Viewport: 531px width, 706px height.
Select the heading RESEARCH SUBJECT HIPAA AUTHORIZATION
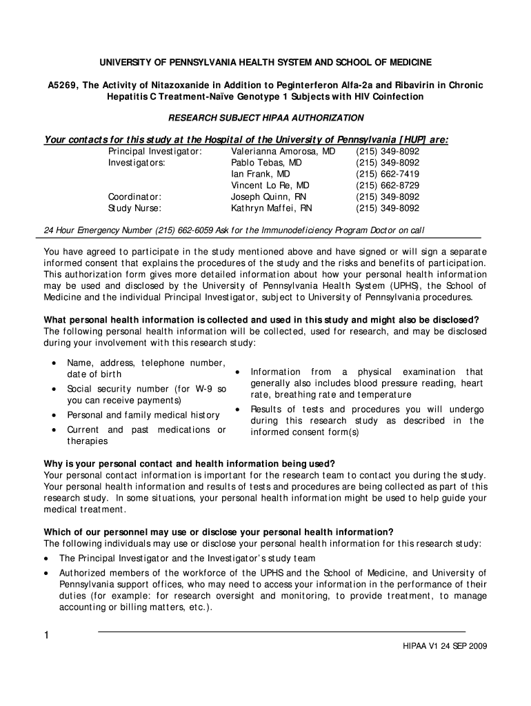click(x=266, y=118)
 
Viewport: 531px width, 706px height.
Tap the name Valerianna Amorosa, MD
click(x=283, y=151)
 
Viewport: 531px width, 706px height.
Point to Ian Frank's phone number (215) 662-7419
click(x=387, y=174)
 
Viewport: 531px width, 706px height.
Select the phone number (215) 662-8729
click(x=387, y=185)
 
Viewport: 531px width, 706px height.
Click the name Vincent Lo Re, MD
click(x=270, y=185)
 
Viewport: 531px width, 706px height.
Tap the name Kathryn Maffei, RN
click(x=271, y=208)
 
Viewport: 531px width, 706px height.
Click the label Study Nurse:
click(x=134, y=208)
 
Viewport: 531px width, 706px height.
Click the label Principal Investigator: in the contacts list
click(x=154, y=151)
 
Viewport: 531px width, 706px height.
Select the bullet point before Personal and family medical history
click(x=54, y=415)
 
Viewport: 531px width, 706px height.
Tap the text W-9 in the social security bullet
click(x=206, y=389)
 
